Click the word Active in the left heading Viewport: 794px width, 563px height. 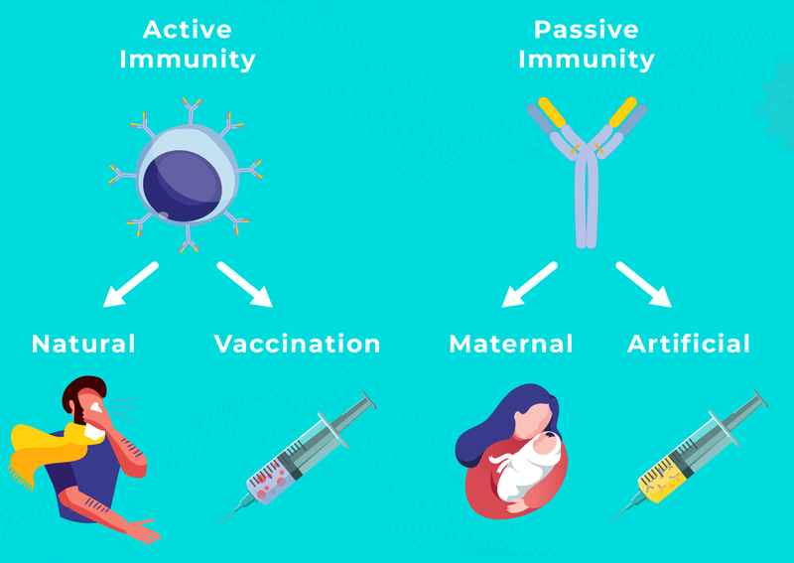188,30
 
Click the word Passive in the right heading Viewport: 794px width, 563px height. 587,30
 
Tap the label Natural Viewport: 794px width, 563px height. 83,344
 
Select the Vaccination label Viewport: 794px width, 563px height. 297,344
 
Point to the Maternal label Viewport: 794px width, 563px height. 511,344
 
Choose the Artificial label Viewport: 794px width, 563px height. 689,344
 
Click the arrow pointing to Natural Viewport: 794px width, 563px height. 130,285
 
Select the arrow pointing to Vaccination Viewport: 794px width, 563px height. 245,285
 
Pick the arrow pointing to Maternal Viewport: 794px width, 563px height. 529,285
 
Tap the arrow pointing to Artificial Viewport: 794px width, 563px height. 644,285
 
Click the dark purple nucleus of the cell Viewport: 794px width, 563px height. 182,186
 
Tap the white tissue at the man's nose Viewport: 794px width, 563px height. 95,406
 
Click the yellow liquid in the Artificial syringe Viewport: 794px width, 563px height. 663,484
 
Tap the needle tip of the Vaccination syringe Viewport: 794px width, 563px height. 220,522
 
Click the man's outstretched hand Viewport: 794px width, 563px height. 144,532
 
